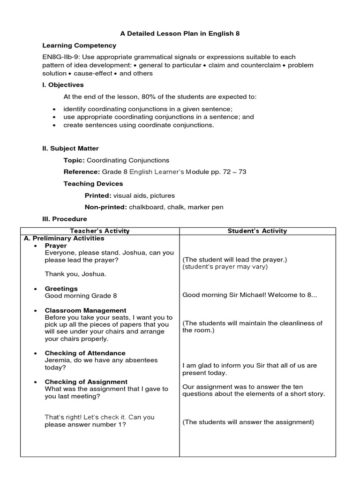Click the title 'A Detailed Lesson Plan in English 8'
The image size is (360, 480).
coord(180,34)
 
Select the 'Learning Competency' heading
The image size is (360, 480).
coord(79,45)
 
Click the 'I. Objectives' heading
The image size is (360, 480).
coord(63,85)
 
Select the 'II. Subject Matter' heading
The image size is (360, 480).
coord(70,149)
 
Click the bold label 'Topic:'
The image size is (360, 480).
coord(74,160)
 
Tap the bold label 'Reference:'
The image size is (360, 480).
coord(82,172)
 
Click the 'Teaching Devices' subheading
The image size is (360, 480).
coord(93,184)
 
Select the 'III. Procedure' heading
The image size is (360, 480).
coord(65,219)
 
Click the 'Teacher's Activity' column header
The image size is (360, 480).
coord(99,231)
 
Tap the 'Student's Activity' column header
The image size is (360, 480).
coord(257,231)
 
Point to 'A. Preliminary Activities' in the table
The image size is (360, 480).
coord(64,238)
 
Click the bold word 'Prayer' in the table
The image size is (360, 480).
coord(56,246)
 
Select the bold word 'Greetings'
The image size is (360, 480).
coord(61,289)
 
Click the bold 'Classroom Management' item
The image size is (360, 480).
coord(85,310)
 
